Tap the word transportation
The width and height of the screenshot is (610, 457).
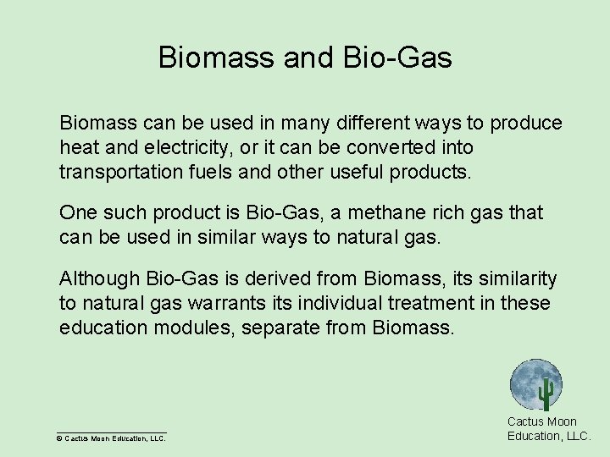[x=114, y=172]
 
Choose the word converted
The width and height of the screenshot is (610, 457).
[x=382, y=147]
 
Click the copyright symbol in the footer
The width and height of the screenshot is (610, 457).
[x=59, y=438]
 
